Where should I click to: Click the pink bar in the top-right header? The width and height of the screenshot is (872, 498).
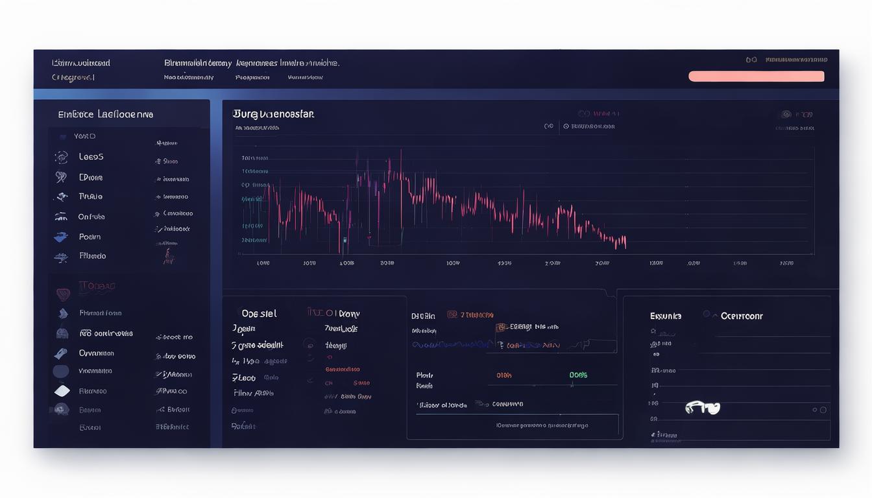point(756,77)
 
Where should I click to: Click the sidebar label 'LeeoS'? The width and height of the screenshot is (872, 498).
point(91,157)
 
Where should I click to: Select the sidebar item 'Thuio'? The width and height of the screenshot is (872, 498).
point(90,196)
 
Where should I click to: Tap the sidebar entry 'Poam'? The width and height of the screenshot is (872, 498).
point(90,237)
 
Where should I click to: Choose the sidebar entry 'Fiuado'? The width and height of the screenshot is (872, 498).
point(92,256)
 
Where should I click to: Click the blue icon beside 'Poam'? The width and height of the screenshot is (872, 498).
point(61,237)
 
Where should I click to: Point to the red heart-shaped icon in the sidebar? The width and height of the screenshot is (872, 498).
point(62,294)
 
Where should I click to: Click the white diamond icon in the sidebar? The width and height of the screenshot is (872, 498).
point(62,391)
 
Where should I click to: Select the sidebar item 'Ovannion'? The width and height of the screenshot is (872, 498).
point(96,353)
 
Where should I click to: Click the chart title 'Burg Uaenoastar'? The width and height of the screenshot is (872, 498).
point(272,114)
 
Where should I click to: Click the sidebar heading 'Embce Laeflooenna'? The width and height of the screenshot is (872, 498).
point(105,114)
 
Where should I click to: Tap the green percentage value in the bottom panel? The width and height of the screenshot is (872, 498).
point(578,375)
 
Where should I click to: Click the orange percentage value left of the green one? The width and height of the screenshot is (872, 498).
point(504,375)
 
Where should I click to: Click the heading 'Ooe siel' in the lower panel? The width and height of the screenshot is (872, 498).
point(259,314)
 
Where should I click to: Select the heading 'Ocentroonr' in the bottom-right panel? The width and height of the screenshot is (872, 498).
point(742,316)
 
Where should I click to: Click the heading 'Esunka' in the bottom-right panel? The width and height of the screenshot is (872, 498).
point(666,316)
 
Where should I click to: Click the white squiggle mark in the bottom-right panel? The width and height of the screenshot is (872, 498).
point(703,408)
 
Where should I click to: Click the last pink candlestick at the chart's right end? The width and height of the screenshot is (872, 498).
point(624,243)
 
